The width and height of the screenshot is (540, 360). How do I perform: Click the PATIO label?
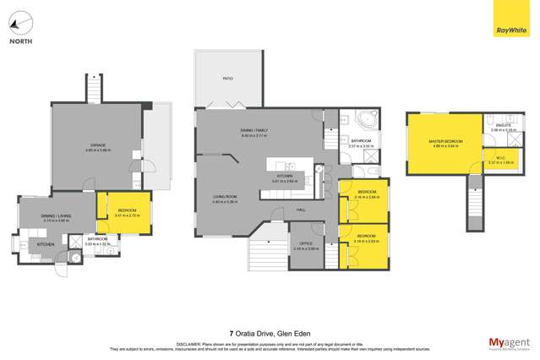coord(228,79)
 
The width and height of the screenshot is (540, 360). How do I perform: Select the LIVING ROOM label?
coord(225,199)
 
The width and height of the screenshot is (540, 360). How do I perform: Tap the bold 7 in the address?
coord(232,332)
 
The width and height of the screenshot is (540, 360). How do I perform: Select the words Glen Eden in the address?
coord(293,332)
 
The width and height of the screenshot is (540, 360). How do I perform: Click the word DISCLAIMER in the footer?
coord(186,344)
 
